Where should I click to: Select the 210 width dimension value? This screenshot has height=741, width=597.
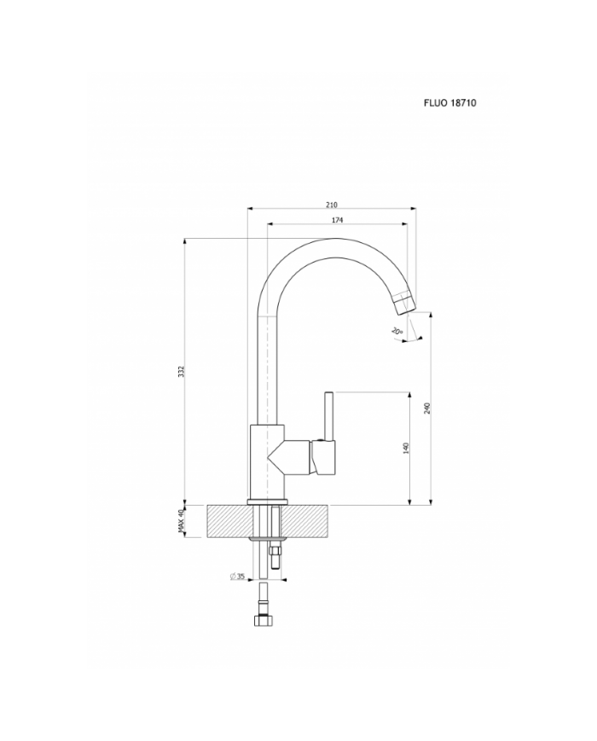pos(331,204)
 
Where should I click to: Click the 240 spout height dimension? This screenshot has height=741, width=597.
pos(426,408)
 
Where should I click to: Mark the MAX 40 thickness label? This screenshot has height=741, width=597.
pos(181,521)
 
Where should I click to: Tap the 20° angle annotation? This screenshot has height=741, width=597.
pos(397,330)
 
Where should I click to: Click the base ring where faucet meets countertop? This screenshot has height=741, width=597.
pos(268,502)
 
